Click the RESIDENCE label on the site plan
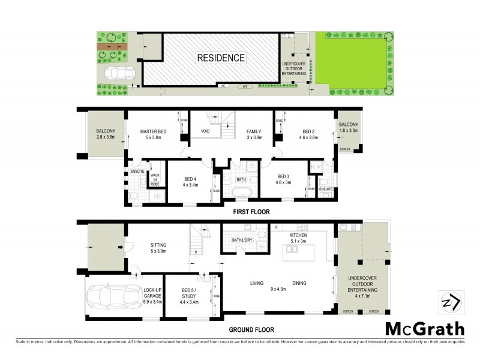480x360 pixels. click(x=221, y=58)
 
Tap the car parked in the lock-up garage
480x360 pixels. click(x=109, y=297)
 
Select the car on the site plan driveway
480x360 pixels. click(x=120, y=74)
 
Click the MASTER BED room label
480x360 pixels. click(x=154, y=134)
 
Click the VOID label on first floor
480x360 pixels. click(x=204, y=131)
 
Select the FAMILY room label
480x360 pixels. click(x=254, y=134)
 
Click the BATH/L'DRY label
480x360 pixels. click(x=243, y=241)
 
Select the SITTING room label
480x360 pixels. click(x=158, y=248)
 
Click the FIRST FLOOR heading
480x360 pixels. click(x=251, y=212)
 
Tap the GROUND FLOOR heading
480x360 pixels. click(x=251, y=329)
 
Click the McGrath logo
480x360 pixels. click(x=424, y=328)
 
